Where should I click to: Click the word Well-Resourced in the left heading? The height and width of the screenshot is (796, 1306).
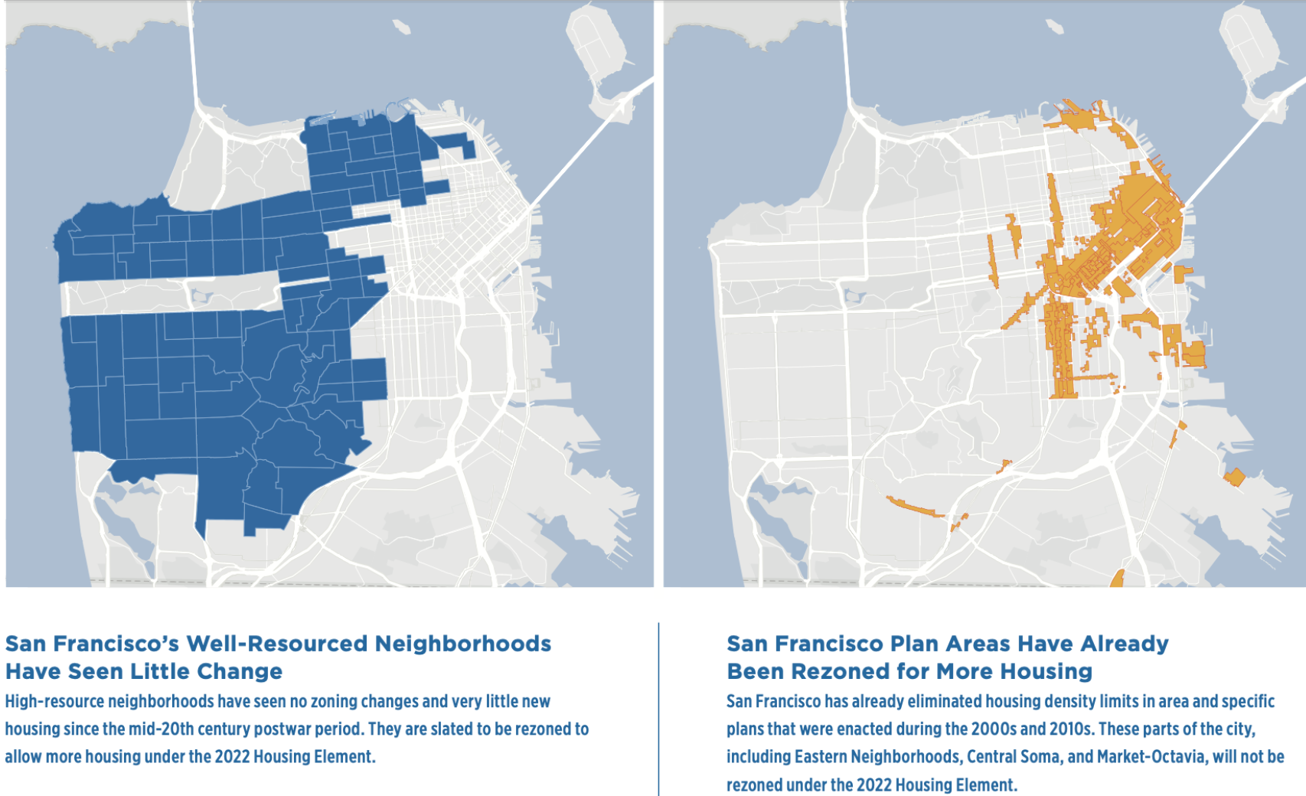pos(276,644)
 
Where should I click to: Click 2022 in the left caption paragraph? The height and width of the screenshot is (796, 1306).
pos(232,757)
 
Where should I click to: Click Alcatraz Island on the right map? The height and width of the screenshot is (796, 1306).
pos(1054,27)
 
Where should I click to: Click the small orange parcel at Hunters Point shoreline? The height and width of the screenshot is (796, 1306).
pos(1233,478)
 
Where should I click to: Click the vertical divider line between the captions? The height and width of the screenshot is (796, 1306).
pos(658,708)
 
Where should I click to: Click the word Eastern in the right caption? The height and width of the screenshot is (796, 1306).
pos(820,757)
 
